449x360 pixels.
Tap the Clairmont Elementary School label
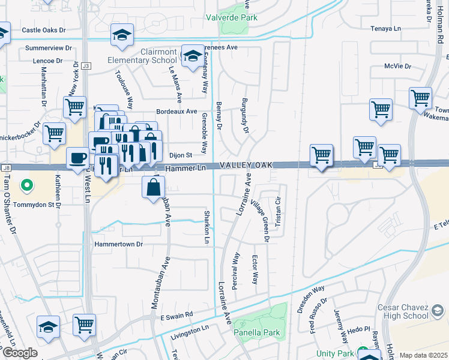[142, 56]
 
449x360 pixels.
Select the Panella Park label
[256, 332]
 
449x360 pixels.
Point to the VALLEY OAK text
[246, 165]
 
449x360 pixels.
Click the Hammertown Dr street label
[119, 244]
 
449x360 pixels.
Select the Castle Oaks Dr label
[46, 30]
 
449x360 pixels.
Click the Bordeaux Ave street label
[176, 112]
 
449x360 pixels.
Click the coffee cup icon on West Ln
[77, 159]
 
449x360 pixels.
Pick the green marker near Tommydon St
[26, 186]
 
